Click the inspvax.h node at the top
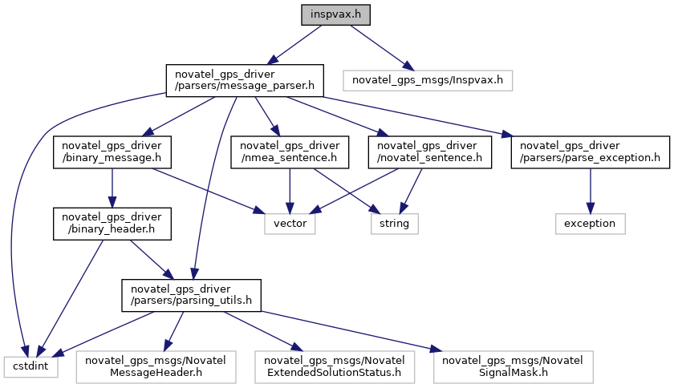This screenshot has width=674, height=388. pos(335,14)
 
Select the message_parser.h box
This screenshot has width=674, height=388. pos(245,80)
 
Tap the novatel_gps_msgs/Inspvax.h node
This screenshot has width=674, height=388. pos(428,80)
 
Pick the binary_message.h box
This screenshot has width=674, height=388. pos(112,152)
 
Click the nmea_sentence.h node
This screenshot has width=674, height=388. pos(290,152)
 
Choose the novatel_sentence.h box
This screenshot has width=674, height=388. pos(430,152)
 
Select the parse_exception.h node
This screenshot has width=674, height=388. pos(591,152)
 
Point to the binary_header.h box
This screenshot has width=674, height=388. pos(112,224)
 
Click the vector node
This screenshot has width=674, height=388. pos(290,224)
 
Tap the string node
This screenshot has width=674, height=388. pos(395,224)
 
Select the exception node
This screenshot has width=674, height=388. pos(591,224)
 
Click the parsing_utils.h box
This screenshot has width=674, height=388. pos(191,296)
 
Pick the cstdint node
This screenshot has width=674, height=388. pos(31,367)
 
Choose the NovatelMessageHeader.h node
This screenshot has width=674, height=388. pos(156,367)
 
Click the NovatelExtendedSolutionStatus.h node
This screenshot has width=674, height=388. pos(335,367)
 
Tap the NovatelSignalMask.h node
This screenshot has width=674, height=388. pos(514,367)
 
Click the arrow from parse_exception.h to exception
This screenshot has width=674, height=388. pos(591,191)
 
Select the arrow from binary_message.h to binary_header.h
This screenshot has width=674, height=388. pos(112,188)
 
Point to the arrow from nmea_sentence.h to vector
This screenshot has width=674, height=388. pos(290,191)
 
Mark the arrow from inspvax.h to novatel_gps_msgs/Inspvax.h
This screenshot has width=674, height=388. pos(382,47)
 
